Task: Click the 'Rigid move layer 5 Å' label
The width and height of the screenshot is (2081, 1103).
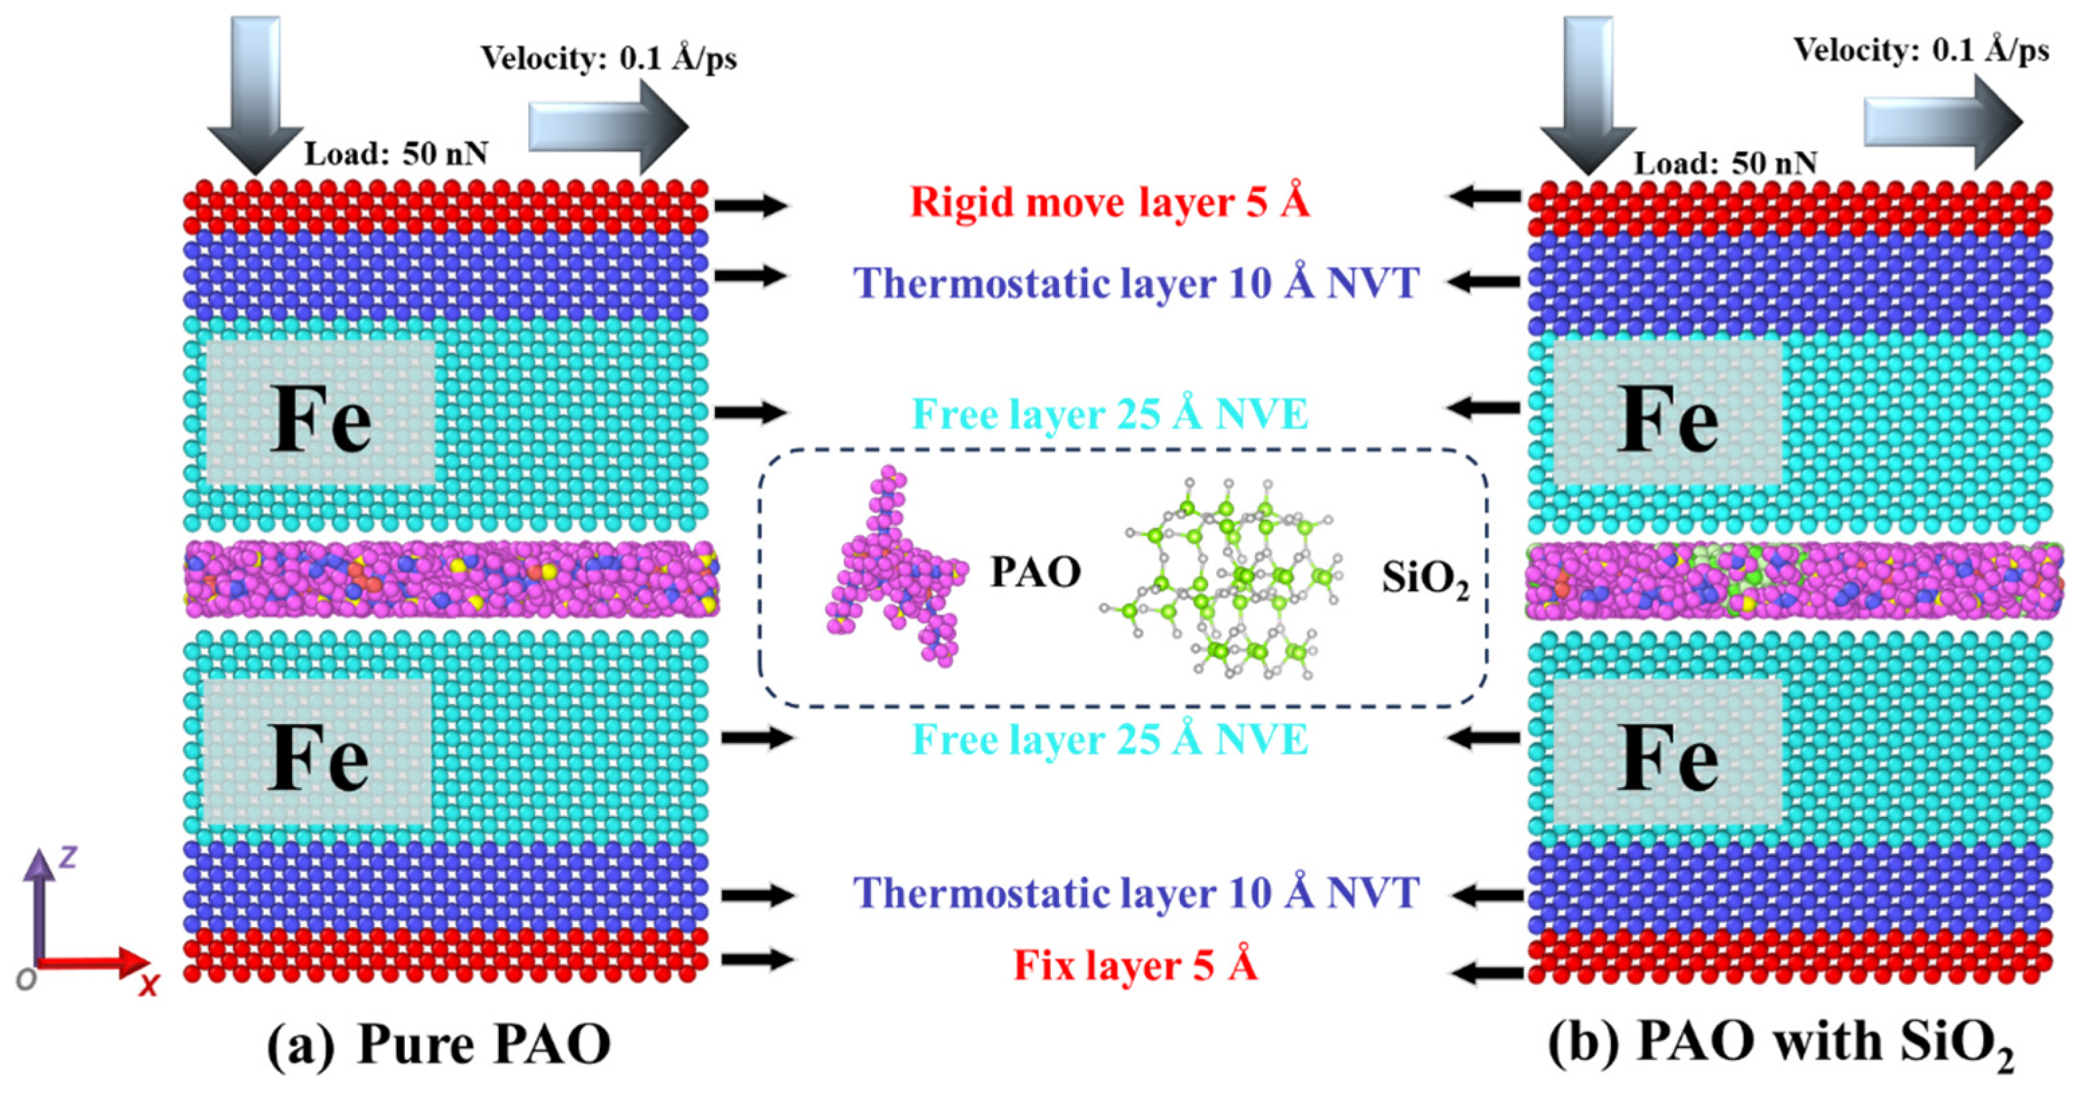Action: coord(1109,202)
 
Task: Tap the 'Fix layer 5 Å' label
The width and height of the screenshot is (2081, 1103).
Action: coord(1135,966)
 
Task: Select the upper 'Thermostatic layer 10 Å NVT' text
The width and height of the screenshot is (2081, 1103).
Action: coord(1136,283)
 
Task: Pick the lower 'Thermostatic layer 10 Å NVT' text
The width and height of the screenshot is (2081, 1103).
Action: coord(1136,893)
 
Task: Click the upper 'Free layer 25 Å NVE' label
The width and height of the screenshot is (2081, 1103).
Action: coord(1109,414)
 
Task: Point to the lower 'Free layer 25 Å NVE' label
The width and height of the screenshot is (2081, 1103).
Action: coord(1109,740)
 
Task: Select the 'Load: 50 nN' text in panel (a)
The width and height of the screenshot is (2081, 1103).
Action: coord(396,154)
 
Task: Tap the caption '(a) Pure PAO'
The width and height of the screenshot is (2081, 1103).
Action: coord(438,1045)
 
